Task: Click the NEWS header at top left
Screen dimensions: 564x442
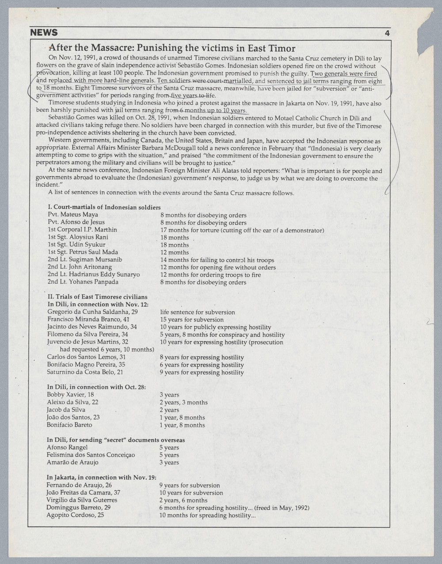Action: tap(44, 33)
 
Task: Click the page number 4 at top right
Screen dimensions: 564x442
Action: tap(387, 33)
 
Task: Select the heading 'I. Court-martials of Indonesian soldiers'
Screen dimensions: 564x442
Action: tap(104, 207)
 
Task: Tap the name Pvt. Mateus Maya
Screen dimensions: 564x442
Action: tap(72, 214)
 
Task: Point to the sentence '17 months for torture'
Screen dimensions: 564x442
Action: tap(190, 230)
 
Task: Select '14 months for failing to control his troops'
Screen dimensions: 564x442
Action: tap(217, 260)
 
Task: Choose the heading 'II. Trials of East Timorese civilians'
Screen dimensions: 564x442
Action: tap(97, 297)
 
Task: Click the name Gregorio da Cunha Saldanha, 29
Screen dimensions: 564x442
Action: tap(92, 312)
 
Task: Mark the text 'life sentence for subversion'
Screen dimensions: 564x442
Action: tap(197, 312)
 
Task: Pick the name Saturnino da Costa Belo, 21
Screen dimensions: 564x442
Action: tap(85, 372)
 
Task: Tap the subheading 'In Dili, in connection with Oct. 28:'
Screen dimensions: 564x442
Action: tap(96, 387)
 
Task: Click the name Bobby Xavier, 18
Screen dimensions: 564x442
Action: tap(70, 394)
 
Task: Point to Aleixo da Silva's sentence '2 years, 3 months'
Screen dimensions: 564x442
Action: tap(183, 402)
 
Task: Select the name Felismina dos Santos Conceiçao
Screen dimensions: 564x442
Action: tap(91, 455)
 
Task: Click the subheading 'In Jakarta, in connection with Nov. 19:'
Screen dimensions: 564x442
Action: tap(101, 477)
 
